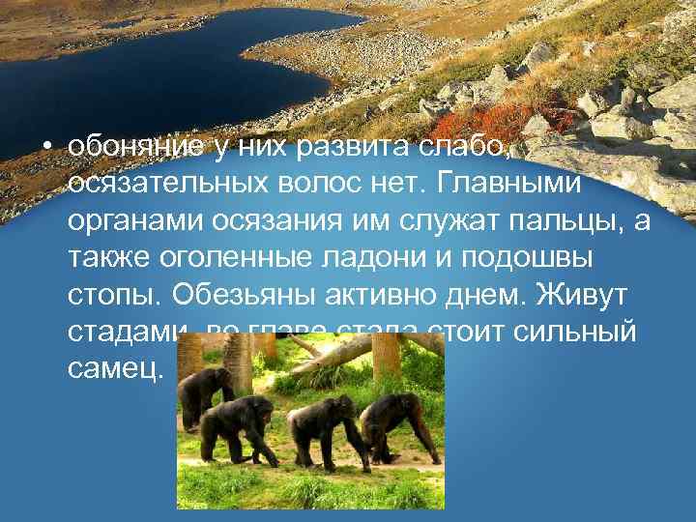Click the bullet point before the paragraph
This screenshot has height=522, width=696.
tap(45, 148)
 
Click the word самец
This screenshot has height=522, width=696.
tap(116, 369)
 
